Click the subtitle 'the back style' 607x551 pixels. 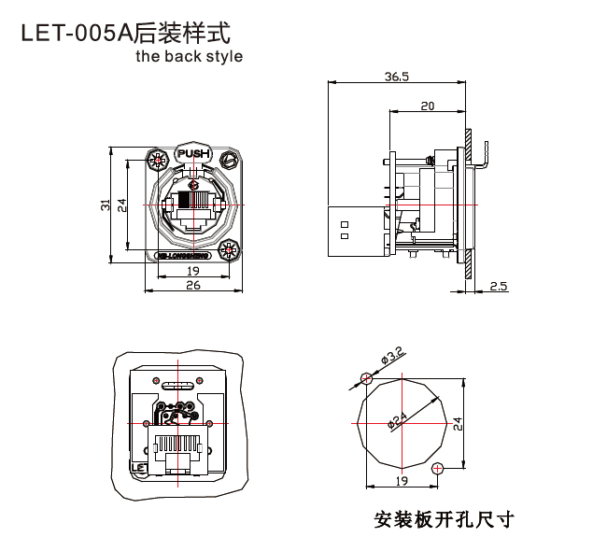pyautogui.click(x=188, y=56)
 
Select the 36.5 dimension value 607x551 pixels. pyautogui.click(x=396, y=77)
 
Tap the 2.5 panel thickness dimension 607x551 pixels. pyautogui.click(x=498, y=286)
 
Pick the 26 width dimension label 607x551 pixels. pyautogui.click(x=192, y=286)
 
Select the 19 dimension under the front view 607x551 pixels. pyautogui.click(x=192, y=271)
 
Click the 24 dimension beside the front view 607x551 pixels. pyautogui.click(x=122, y=203)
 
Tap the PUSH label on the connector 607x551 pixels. pyautogui.click(x=193, y=153)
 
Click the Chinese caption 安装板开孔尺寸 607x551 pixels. pyautogui.click(x=444, y=519)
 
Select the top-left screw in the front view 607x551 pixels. pyautogui.click(x=155, y=161)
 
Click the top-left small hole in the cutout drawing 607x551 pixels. pyautogui.click(x=366, y=379)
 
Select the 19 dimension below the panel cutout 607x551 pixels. pyautogui.click(x=402, y=481)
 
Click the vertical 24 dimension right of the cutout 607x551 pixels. pyautogui.click(x=457, y=422)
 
